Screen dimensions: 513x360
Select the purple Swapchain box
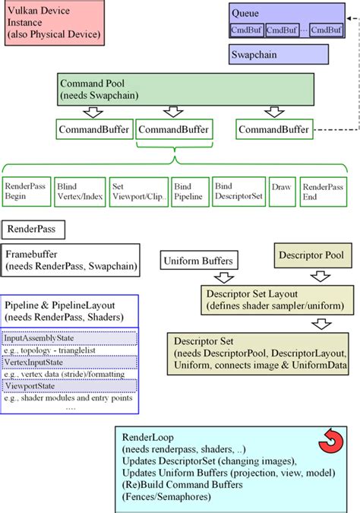[279, 55]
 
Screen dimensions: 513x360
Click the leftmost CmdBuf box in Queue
[247, 30]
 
